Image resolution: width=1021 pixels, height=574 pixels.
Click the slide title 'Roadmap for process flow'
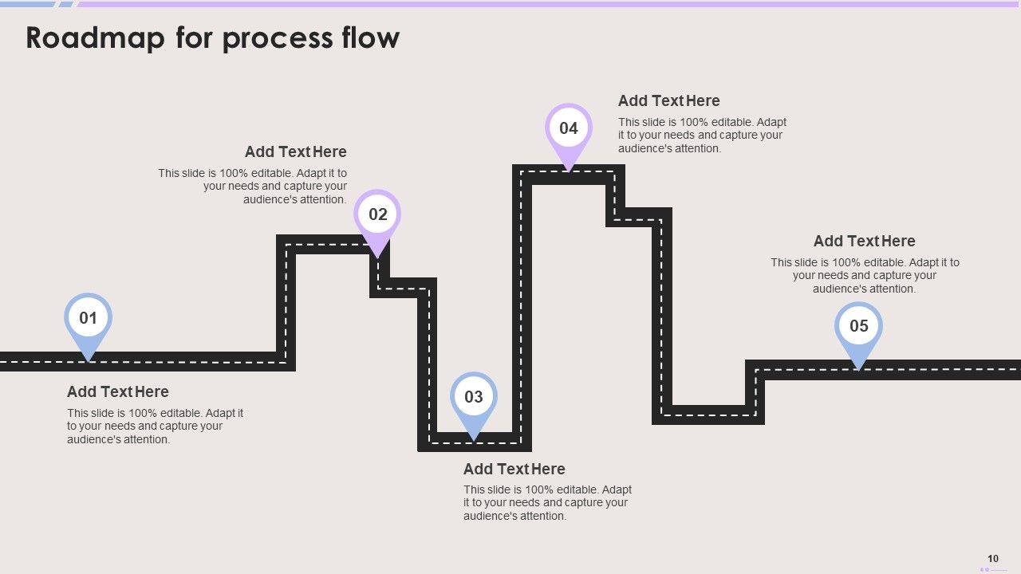pyautogui.click(x=212, y=38)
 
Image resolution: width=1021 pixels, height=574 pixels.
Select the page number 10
pyautogui.click(x=993, y=559)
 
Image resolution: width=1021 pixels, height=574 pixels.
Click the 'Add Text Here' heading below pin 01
pyautogui.click(x=118, y=391)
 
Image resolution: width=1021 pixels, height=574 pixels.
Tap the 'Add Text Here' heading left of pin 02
pyautogui.click(x=295, y=151)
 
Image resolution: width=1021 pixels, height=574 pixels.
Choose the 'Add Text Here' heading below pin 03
pyautogui.click(x=514, y=469)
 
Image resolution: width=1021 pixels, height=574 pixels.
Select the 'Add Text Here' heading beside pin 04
pyautogui.click(x=668, y=100)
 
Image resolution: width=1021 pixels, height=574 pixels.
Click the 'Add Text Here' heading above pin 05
pyautogui.click(x=864, y=241)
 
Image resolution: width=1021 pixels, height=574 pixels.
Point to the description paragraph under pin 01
pyautogui.click(x=155, y=426)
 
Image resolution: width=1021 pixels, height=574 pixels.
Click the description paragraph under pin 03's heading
pyautogui.click(x=547, y=502)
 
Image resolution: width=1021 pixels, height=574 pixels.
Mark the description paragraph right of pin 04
pyautogui.click(x=702, y=135)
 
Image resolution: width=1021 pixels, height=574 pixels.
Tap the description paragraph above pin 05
pyautogui.click(x=865, y=275)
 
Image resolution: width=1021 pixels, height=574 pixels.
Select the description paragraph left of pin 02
pyautogui.click(x=254, y=186)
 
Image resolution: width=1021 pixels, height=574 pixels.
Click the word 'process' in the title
pyautogui.click(x=267, y=38)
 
